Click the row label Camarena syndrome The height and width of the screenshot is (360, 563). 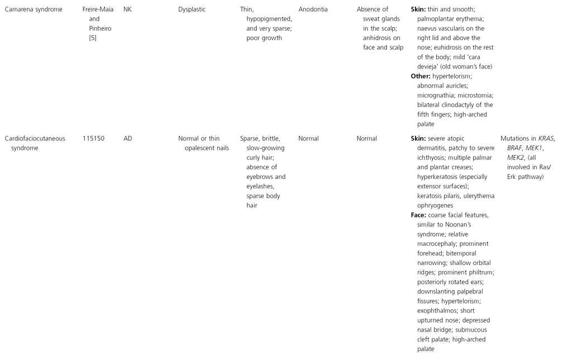point(34,10)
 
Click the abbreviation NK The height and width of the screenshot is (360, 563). point(127,10)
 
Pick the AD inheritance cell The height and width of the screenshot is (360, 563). point(128,138)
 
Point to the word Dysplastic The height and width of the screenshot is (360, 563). point(193,10)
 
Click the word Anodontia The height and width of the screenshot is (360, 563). point(313,10)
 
